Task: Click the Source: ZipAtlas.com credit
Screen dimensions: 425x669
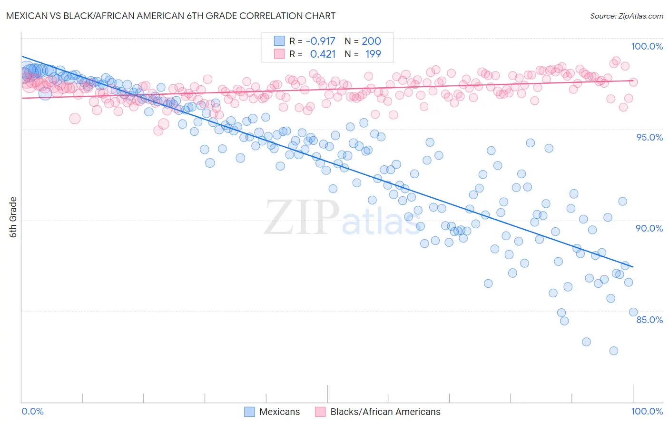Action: click(x=626, y=16)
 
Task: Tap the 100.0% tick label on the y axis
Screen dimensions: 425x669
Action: click(x=647, y=46)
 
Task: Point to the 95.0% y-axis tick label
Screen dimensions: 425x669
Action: click(x=649, y=137)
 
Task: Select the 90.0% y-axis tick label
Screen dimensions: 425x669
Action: click(x=649, y=228)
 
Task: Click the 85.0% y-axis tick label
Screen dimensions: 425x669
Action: click(x=649, y=320)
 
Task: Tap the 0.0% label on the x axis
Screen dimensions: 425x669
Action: click(x=33, y=411)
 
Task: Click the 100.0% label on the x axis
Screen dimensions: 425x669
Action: click(x=647, y=411)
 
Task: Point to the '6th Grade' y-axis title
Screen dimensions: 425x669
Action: click(x=13, y=217)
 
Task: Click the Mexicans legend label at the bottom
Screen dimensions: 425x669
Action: click(x=279, y=412)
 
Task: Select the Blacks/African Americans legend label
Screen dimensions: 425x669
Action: click(x=385, y=412)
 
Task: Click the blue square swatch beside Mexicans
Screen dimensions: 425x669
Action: click(x=249, y=412)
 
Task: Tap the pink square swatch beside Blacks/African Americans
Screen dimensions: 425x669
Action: click(x=320, y=412)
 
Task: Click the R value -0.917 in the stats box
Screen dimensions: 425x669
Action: click(x=320, y=41)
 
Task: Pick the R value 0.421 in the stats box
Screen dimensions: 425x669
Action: click(x=323, y=54)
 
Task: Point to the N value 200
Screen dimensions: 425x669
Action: click(x=371, y=41)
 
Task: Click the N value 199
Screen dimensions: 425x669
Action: click(x=373, y=54)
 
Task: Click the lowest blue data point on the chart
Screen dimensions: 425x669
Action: click(x=613, y=351)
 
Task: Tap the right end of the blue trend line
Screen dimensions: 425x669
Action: click(x=633, y=267)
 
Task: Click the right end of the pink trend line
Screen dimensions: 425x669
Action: click(x=633, y=81)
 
